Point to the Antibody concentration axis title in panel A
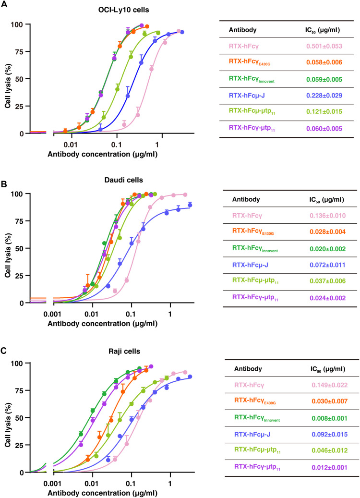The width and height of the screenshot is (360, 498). pyautogui.click(x=102, y=153)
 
